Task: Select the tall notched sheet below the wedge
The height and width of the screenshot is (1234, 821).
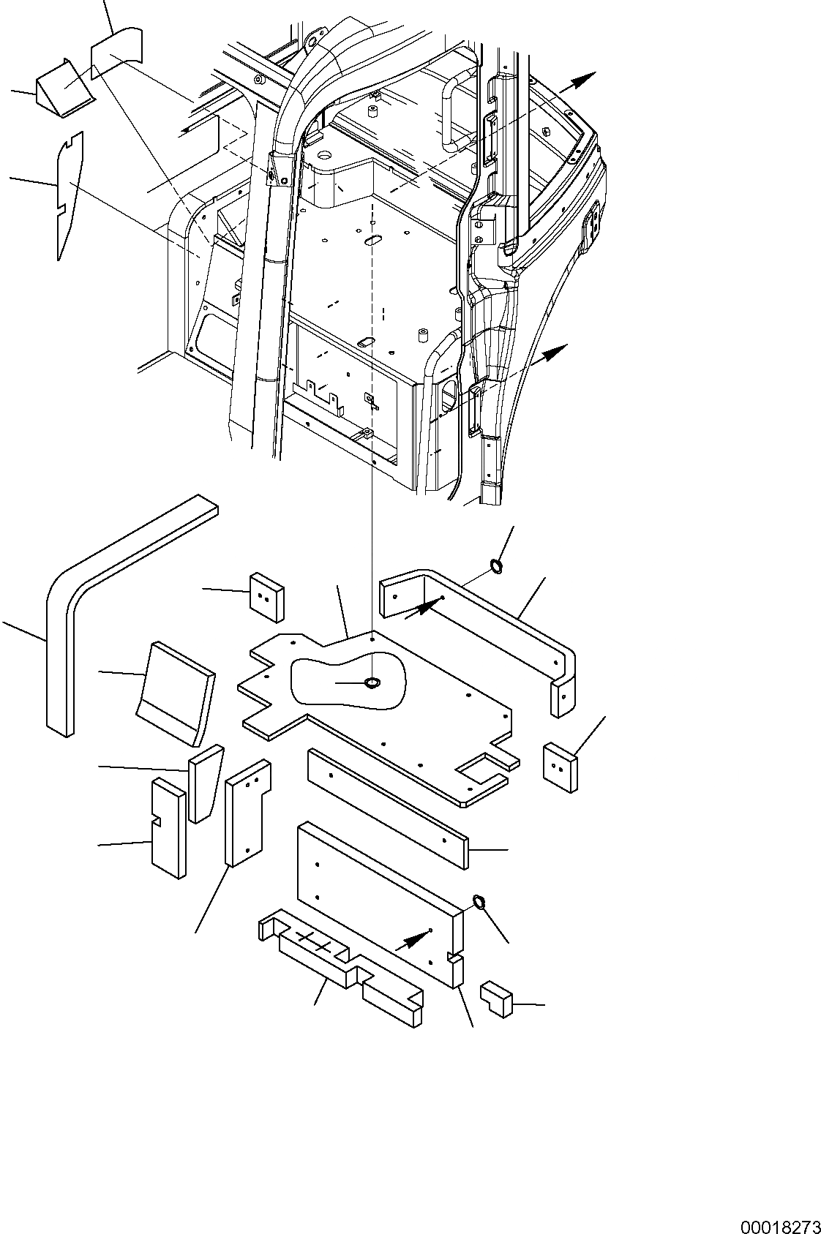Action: coord(70,194)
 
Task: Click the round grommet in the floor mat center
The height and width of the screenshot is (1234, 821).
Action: coord(372,683)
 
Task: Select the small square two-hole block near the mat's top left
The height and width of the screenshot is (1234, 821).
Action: coord(267,597)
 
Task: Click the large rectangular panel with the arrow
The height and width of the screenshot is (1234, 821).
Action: coord(373,896)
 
